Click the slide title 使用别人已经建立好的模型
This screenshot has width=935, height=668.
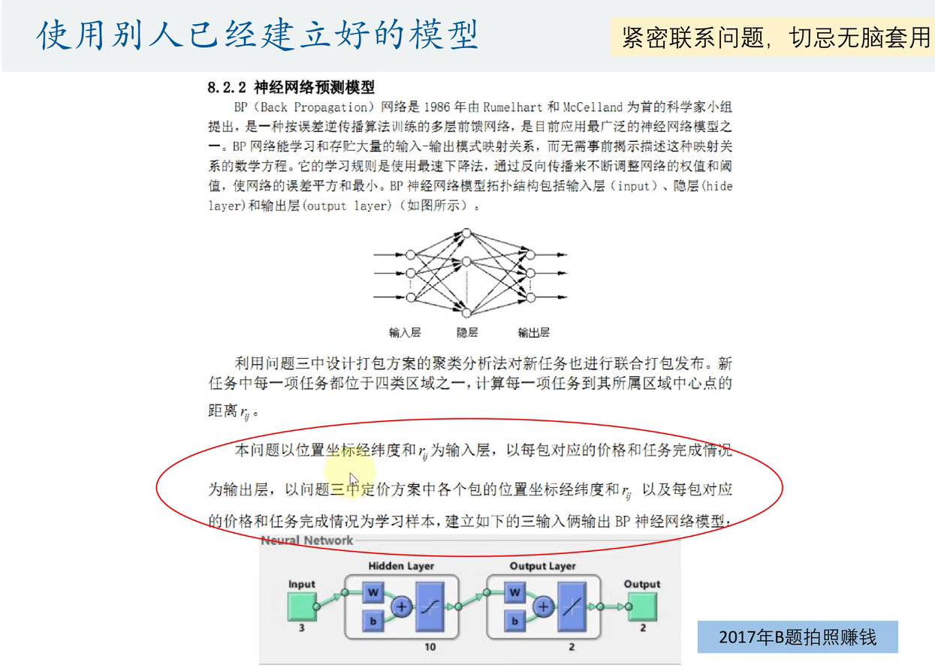(258, 35)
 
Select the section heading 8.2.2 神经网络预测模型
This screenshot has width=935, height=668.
(291, 87)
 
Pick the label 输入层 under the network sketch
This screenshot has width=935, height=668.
(405, 332)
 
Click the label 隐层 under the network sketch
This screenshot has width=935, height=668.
(467, 332)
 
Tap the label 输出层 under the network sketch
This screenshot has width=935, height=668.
(534, 332)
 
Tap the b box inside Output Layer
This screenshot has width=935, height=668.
(515, 621)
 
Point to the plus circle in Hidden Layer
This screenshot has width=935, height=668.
(403, 606)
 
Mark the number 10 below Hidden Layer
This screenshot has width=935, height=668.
(430, 646)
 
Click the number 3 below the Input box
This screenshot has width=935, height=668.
(302, 627)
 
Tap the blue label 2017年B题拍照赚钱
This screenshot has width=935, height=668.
(797, 638)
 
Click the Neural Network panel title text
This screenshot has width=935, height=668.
(306, 540)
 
